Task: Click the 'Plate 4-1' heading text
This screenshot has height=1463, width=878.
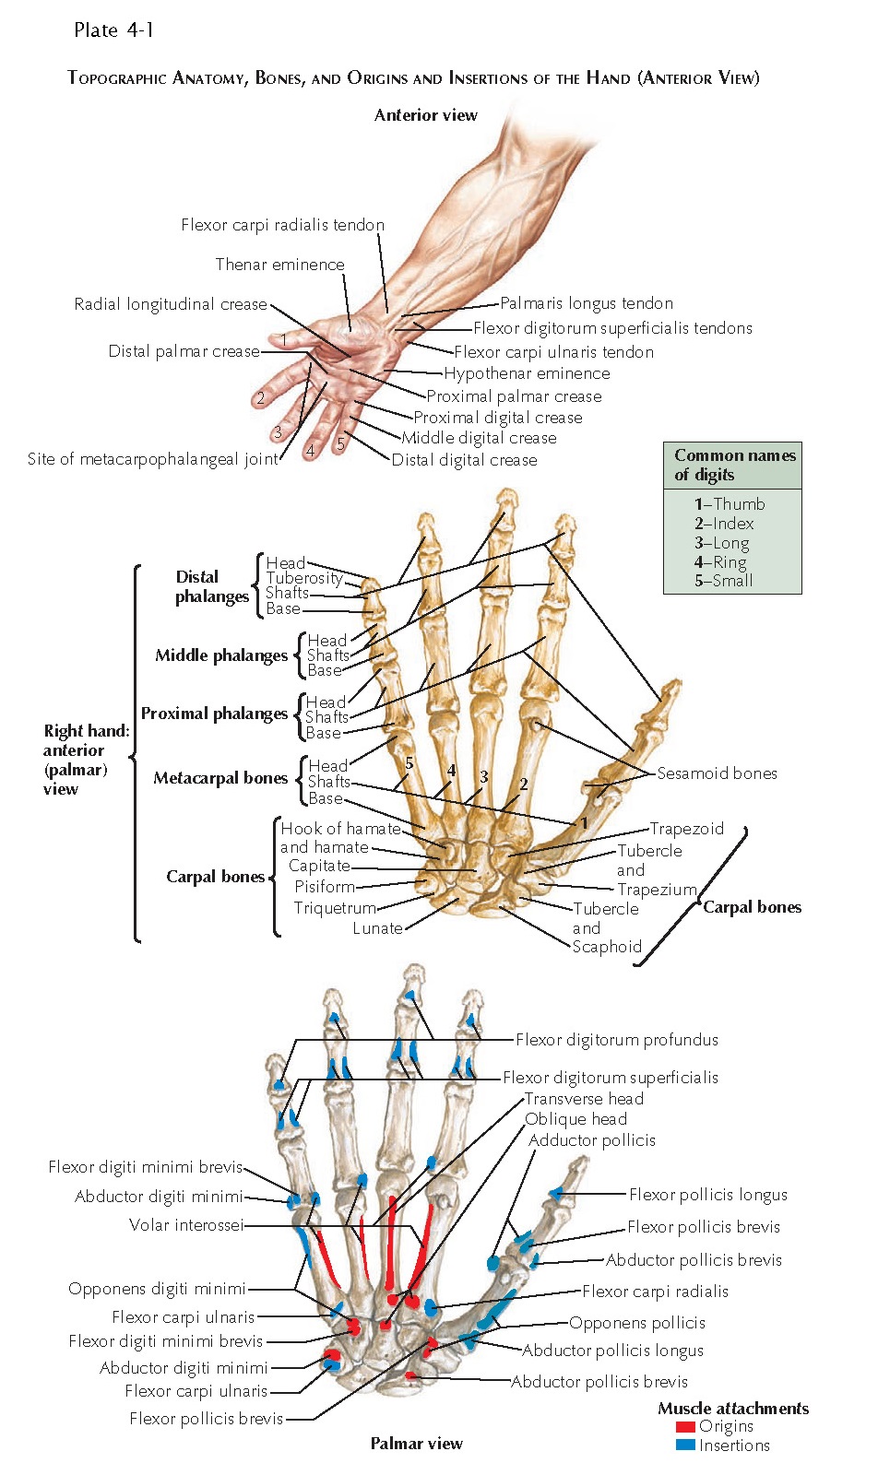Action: (113, 30)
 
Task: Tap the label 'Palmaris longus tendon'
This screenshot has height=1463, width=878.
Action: (586, 303)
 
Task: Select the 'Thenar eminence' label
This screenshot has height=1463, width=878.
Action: (279, 265)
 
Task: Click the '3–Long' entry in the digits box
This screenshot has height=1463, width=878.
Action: (721, 543)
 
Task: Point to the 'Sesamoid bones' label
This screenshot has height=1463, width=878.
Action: (717, 773)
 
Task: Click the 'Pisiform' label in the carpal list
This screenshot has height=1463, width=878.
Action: (325, 887)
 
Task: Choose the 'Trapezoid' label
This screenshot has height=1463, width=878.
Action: (686, 829)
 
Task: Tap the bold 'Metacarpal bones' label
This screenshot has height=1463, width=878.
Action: (220, 778)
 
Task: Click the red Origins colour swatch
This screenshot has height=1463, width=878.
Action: (685, 1427)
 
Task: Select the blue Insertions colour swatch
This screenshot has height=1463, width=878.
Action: (685, 1445)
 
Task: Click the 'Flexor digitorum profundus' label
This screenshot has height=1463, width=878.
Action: (616, 1040)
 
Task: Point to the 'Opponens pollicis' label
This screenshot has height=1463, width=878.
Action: (636, 1323)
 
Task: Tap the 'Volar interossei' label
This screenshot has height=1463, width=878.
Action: (186, 1225)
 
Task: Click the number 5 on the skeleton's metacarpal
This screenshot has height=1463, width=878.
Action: (409, 763)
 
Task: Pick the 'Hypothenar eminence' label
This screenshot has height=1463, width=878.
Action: (527, 373)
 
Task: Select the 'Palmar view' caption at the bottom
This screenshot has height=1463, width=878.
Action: (416, 1444)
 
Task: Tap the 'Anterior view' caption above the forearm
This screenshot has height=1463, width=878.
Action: (425, 115)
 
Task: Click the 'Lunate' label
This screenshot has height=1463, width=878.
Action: (377, 928)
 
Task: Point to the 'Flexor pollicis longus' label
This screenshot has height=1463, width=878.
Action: (707, 1195)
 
